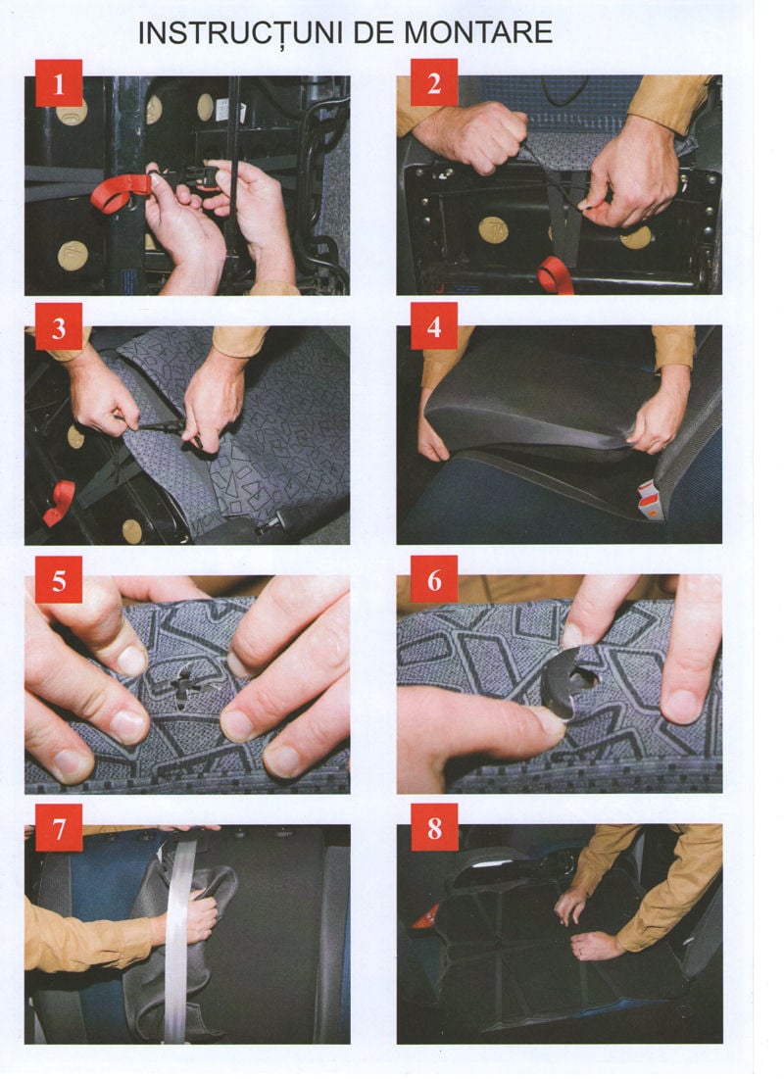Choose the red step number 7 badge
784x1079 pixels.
click(59, 829)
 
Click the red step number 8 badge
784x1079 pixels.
click(433, 829)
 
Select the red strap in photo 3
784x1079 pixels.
click(59, 501)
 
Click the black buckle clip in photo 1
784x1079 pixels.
click(205, 177)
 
